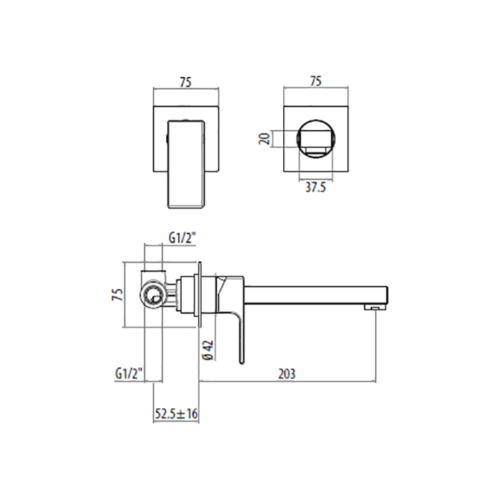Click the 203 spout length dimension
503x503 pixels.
(x=287, y=374)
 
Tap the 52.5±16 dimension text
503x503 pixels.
(x=176, y=413)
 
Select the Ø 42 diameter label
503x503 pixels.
(x=208, y=351)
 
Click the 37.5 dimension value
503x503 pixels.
(x=315, y=188)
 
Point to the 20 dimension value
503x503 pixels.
(x=265, y=139)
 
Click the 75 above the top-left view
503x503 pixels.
(x=185, y=82)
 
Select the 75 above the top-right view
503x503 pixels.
(x=315, y=81)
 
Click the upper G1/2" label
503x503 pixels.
(x=182, y=239)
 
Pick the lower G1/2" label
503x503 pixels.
(x=129, y=374)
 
